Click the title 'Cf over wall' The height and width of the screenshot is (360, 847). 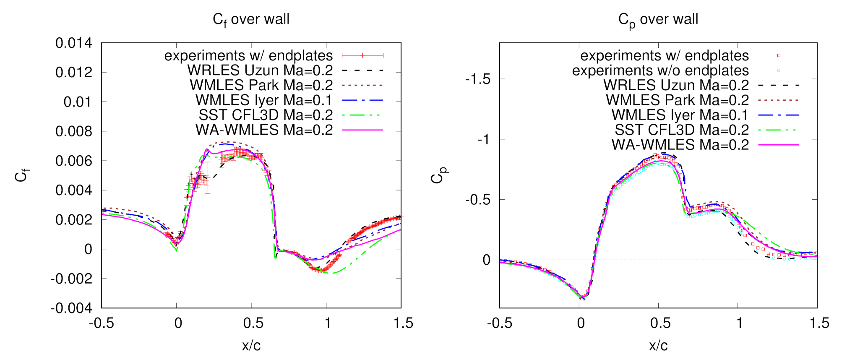pos(251,19)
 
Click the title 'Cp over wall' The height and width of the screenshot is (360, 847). pos(658,19)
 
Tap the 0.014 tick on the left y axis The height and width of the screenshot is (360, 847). pos(73,43)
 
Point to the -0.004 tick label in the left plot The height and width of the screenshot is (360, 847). pos(71,308)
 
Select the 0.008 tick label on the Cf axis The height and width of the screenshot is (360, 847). pos(73,131)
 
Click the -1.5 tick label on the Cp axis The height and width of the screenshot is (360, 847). pos(477,79)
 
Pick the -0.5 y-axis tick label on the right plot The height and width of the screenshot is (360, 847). pos(477,199)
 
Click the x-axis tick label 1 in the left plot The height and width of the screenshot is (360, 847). pos(327,323)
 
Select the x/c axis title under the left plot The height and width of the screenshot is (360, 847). pos(251,345)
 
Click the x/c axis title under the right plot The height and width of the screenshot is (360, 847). pos(658,345)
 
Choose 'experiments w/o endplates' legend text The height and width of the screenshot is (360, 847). pos(660,70)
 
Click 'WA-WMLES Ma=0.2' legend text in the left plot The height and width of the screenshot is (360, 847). pos(264,130)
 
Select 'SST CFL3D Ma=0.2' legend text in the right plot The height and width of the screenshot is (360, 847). pos(682,130)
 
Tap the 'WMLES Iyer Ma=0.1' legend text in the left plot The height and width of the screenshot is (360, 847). pos(264,100)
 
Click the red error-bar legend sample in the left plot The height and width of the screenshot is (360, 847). pos(363,55)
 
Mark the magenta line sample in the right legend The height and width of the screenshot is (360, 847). pos(779,145)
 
